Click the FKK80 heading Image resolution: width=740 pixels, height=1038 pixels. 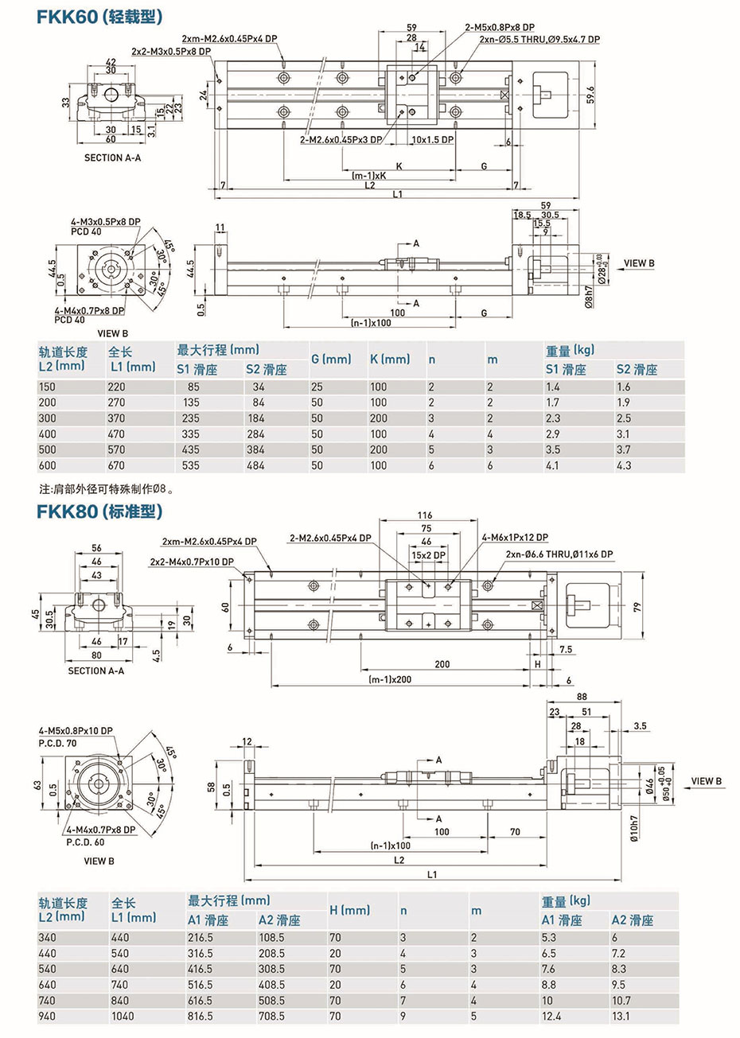click(x=99, y=511)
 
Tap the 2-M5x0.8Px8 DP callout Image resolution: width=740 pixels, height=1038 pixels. click(x=500, y=27)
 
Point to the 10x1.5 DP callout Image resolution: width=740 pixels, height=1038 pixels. click(x=433, y=140)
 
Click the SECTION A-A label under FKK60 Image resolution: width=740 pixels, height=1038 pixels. click(x=112, y=157)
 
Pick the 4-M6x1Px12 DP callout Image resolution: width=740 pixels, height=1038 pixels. click(x=514, y=538)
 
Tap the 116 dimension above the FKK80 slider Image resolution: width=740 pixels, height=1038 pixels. click(x=425, y=515)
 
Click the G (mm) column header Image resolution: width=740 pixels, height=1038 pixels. click(x=331, y=360)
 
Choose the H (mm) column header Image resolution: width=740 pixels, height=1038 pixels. click(x=349, y=910)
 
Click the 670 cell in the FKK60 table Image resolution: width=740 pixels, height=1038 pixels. click(x=116, y=465)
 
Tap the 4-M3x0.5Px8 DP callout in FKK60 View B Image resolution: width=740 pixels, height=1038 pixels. click(x=105, y=222)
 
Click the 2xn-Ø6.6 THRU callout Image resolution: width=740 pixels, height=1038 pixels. click(x=559, y=554)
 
